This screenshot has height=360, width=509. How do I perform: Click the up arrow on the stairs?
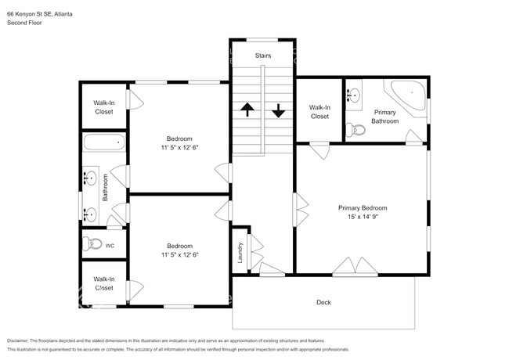[x=247, y=110]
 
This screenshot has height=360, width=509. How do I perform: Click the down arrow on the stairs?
[x=278, y=110]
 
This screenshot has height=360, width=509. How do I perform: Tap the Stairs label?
[x=262, y=56]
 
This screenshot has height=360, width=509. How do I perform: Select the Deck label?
[x=323, y=302]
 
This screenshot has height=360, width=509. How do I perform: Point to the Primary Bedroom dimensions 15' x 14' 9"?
[x=363, y=218]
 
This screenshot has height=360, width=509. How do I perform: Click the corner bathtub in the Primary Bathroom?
[x=409, y=97]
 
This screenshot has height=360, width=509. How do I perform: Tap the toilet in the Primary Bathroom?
[x=356, y=130]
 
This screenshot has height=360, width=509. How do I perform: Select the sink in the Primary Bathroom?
[x=355, y=96]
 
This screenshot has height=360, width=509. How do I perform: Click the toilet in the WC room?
[x=92, y=244]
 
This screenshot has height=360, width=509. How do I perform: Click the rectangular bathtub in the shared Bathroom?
[x=104, y=143]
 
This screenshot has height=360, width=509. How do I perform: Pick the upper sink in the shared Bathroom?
[x=88, y=178]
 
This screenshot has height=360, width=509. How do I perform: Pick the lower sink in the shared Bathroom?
[x=88, y=212]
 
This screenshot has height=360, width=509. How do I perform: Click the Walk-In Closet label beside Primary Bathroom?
[x=319, y=112]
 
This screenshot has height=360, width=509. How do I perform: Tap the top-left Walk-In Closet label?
[x=103, y=107]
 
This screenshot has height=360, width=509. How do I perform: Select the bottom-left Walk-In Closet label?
[x=103, y=283]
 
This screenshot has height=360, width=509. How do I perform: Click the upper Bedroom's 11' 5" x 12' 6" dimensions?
[x=179, y=149]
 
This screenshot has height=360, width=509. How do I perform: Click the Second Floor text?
[x=24, y=23]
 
